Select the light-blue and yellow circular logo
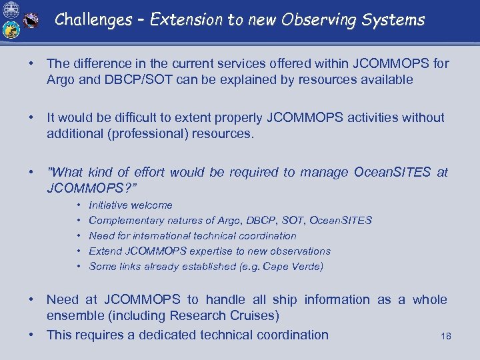[x=11, y=30]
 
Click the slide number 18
[x=446, y=336]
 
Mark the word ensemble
[x=74, y=315]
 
